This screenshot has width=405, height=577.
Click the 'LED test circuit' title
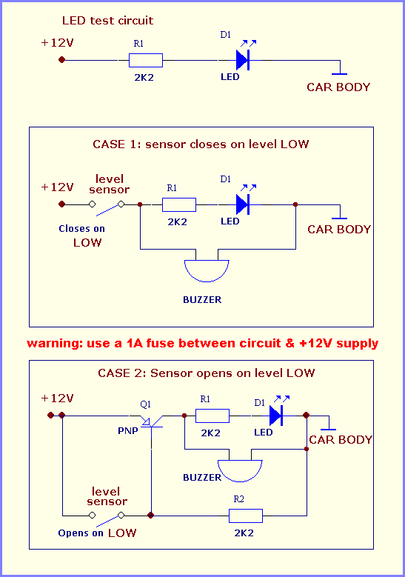pyautogui.click(x=107, y=21)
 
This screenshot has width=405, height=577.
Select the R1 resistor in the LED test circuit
pyautogui.click(x=146, y=60)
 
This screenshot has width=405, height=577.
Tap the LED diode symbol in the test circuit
pyautogui.click(x=243, y=60)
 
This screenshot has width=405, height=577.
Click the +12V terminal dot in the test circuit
pyautogui.click(x=61, y=59)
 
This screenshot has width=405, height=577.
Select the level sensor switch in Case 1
pyautogui.click(x=107, y=208)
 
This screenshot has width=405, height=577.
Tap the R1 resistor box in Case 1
pyautogui.click(x=179, y=204)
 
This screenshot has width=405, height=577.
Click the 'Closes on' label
pyautogui.click(x=81, y=229)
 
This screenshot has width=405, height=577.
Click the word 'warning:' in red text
pyautogui.click(x=55, y=344)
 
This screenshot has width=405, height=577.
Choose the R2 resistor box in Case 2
pyautogui.click(x=246, y=516)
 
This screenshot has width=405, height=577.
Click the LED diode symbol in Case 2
pyautogui.click(x=276, y=416)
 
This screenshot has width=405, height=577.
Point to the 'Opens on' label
pyautogui.click(x=81, y=533)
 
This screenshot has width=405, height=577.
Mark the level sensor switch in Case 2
pyautogui.click(x=107, y=518)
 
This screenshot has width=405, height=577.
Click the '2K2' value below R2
pyautogui.click(x=244, y=533)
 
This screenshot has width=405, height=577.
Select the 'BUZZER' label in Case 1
pyautogui.click(x=202, y=299)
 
